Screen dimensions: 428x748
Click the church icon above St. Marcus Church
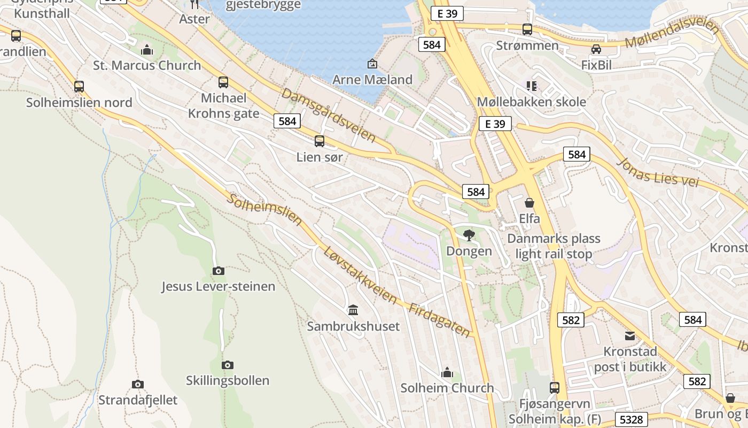[147, 50]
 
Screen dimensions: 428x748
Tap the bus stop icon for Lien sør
[320, 141]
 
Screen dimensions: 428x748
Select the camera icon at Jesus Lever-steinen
[218, 271]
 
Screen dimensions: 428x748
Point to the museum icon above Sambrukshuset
[353, 310]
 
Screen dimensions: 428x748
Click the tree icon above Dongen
[469, 235]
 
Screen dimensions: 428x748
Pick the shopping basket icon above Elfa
[529, 203]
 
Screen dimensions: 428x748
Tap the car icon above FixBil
[596, 49]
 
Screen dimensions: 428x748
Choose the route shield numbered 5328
[632, 419]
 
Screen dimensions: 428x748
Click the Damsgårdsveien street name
[329, 115]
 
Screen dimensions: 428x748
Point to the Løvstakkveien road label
[360, 275]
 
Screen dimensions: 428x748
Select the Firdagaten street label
[440, 320]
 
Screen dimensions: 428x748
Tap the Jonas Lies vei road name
[658, 171]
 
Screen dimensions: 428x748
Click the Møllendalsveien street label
[672, 33]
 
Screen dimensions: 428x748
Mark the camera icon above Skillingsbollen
[228, 365]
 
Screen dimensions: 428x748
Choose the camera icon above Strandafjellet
[138, 384]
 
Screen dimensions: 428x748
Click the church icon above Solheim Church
[447, 372]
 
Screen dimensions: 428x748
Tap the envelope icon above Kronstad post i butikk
[630, 336]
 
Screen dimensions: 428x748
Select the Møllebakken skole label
[531, 102]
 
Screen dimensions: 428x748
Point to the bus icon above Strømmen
[527, 29]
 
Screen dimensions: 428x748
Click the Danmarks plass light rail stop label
[554, 246]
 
